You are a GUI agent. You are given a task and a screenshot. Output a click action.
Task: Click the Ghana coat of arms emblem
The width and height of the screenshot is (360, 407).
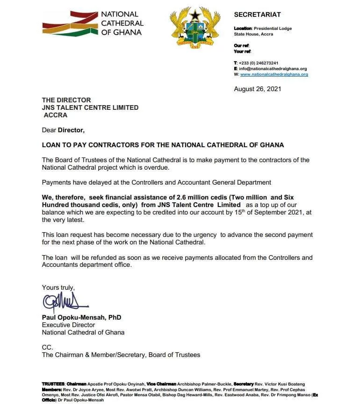(x=195, y=28)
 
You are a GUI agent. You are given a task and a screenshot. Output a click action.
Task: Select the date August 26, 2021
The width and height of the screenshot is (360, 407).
(x=257, y=89)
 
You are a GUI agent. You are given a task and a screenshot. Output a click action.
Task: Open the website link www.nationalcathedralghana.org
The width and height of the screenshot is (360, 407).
(x=274, y=74)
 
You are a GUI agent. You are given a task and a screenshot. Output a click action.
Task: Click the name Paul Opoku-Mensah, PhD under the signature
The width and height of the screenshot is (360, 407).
(x=81, y=317)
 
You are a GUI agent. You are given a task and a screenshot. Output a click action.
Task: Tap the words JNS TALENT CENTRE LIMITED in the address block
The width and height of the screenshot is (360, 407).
(x=90, y=107)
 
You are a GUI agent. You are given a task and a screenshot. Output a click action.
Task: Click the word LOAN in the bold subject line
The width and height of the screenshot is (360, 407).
(x=51, y=145)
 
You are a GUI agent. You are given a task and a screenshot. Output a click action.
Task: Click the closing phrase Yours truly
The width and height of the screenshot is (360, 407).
(x=58, y=288)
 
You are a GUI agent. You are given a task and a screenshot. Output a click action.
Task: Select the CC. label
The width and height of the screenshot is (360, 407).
(x=48, y=347)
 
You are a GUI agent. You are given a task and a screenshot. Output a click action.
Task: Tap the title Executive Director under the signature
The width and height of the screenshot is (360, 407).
(x=68, y=325)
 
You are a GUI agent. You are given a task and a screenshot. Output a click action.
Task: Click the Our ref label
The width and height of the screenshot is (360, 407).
(x=242, y=46)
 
